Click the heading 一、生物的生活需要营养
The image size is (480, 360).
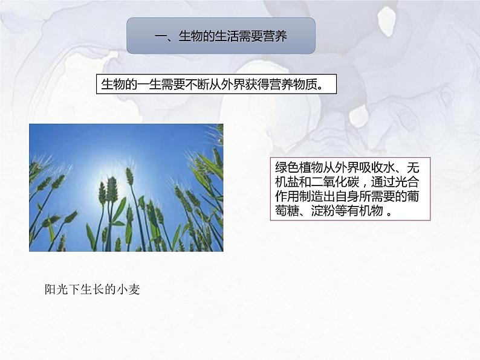pos(221,36)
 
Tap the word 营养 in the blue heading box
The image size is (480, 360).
pos(275,36)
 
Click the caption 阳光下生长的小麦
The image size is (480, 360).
pos(92,290)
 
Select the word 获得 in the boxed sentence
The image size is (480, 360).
pos(256,84)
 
